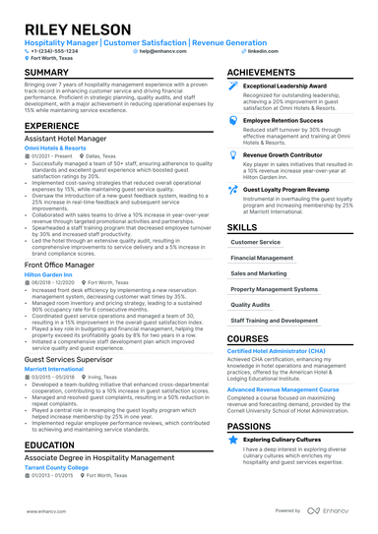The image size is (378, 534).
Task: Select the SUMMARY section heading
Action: (x=46, y=73)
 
